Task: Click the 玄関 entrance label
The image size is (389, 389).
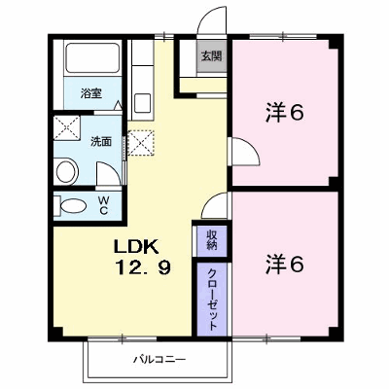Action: point(211,56)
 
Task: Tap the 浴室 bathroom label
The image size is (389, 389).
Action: point(91,93)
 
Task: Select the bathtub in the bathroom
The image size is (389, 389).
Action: point(92,58)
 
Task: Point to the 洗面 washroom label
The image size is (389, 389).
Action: point(101,141)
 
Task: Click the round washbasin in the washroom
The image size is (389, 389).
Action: point(67,171)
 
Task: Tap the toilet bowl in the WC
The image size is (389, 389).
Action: point(74,206)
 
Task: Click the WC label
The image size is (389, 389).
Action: point(103,205)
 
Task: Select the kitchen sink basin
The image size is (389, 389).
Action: point(142,103)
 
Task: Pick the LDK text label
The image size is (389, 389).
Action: point(135,247)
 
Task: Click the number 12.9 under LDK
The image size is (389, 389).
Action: point(143,267)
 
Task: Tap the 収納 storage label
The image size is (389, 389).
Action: point(212,240)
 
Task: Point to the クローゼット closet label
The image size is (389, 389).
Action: point(212,299)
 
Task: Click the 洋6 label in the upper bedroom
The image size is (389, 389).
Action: point(285,113)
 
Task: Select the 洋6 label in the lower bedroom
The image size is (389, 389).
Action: point(285,264)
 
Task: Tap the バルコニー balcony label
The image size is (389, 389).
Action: point(159,359)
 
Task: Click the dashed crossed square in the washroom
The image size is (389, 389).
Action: point(66,128)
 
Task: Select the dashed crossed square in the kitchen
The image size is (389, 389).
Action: point(141,143)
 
